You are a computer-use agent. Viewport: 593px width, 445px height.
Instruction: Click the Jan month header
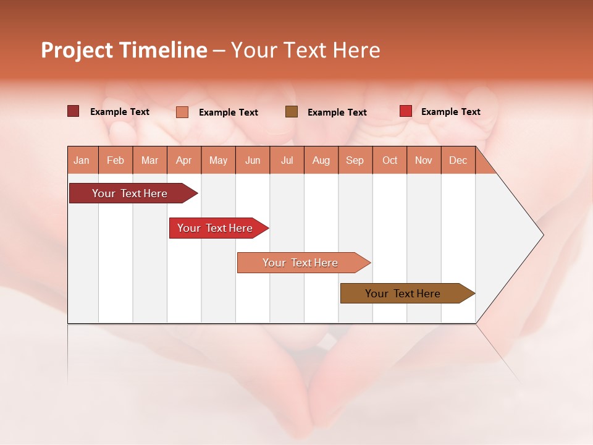(82, 160)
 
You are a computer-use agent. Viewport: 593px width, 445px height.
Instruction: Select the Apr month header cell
(184, 160)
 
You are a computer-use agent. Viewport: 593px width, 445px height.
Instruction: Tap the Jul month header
(287, 160)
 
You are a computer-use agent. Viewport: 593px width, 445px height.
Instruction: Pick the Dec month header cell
(458, 160)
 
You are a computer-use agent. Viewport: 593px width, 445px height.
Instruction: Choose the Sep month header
(355, 160)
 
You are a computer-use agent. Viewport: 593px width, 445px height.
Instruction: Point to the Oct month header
(390, 160)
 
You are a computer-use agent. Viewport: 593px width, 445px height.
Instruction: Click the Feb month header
(116, 160)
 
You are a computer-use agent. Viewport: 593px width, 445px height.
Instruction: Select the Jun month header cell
(253, 160)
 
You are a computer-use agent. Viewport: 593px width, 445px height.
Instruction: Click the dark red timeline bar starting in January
(130, 193)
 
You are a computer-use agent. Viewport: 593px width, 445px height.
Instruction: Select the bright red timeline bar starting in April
(215, 228)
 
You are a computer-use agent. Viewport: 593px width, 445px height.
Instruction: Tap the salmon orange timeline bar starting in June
(300, 263)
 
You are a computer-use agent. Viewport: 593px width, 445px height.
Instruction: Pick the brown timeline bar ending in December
(403, 294)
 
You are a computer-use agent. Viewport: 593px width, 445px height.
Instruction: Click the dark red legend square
(74, 111)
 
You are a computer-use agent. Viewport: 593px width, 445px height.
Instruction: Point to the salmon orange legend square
(182, 112)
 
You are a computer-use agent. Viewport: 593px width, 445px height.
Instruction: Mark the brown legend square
(292, 111)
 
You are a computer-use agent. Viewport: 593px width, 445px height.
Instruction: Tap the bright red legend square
(406, 111)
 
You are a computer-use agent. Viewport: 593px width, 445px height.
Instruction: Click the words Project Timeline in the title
(124, 50)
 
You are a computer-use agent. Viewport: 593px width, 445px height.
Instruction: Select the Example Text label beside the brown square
(337, 112)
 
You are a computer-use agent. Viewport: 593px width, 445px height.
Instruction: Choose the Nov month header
(424, 160)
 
